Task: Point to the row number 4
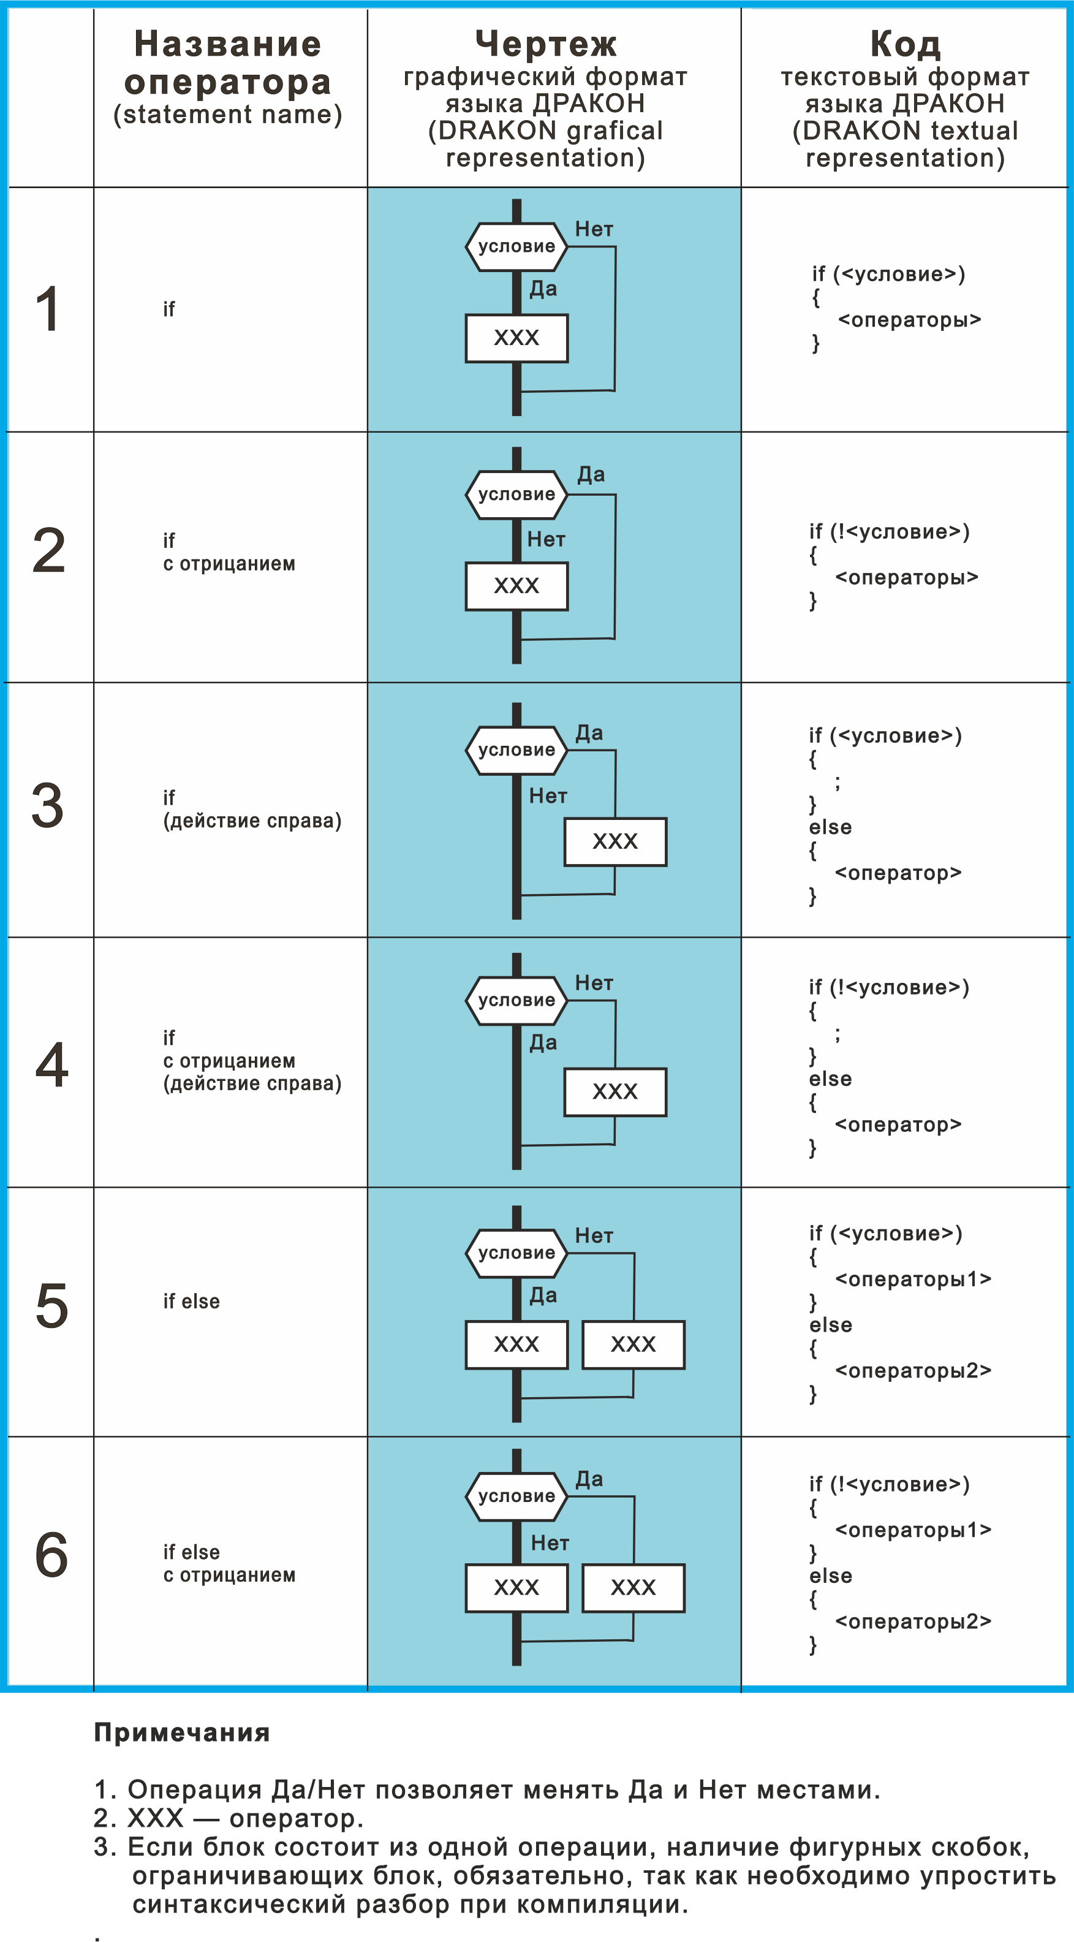tap(52, 1064)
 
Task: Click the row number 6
tap(51, 1555)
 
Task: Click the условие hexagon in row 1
tap(516, 246)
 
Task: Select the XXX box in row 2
tap(516, 586)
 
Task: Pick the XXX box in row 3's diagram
tap(615, 841)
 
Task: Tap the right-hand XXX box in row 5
tap(633, 1344)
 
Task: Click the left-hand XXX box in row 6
tap(516, 1588)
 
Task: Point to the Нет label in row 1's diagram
tap(594, 229)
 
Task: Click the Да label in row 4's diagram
tap(543, 1042)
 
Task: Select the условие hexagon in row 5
tap(516, 1253)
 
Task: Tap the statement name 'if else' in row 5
tap(191, 1301)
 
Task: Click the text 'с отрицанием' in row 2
tap(229, 564)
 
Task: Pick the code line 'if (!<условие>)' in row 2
tap(890, 531)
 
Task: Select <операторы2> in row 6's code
tap(913, 1621)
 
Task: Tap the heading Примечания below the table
tap(181, 1732)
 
